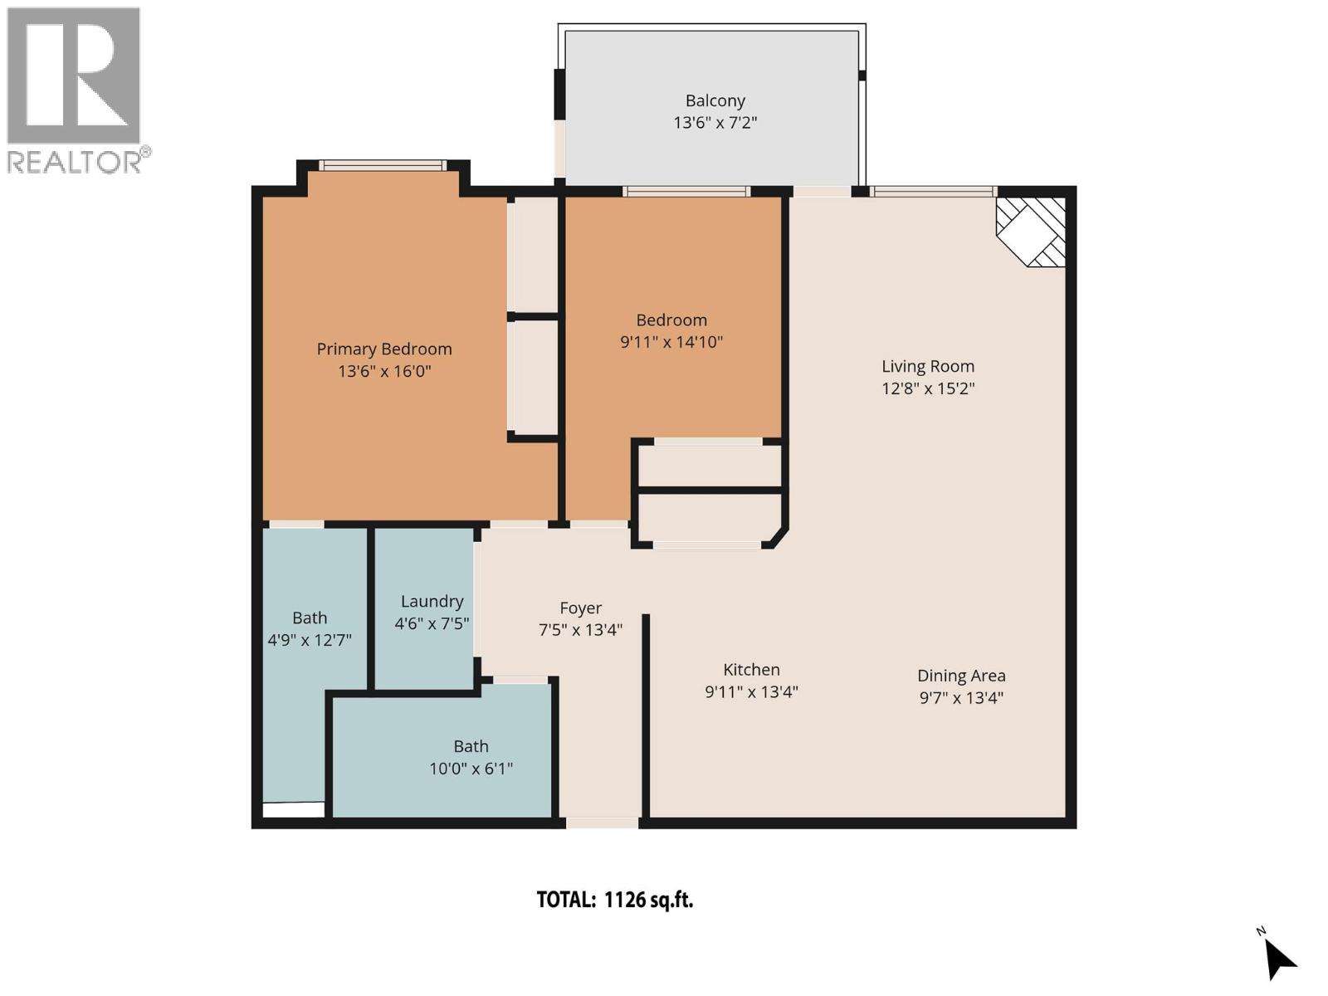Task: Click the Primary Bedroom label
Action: (x=384, y=349)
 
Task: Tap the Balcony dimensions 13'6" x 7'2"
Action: (x=715, y=123)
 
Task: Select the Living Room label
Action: (x=927, y=366)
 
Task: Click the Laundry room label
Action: (x=432, y=601)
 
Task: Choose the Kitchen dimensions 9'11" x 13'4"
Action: (x=751, y=691)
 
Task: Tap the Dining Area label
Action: (x=961, y=676)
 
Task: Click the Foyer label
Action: (x=580, y=608)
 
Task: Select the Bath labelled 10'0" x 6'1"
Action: (x=471, y=746)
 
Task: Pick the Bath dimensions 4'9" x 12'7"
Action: (x=310, y=640)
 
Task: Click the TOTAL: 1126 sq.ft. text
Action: (x=614, y=900)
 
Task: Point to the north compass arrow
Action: (x=1278, y=959)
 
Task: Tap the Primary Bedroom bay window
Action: (x=383, y=166)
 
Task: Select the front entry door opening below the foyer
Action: (x=603, y=823)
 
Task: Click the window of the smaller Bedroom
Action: (x=686, y=192)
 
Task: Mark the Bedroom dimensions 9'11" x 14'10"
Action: (x=671, y=342)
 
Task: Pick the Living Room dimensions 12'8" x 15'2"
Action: (x=927, y=388)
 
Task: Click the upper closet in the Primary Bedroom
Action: (x=533, y=255)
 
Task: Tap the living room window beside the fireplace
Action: (x=933, y=192)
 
